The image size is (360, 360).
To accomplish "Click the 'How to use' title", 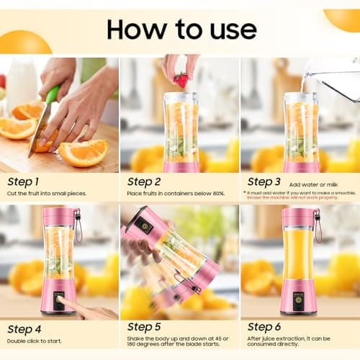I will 181,29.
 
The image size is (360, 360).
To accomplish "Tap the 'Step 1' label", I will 24,181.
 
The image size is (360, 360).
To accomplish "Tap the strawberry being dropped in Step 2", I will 181,80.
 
